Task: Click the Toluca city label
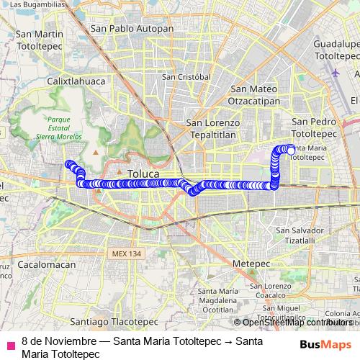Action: point(143,174)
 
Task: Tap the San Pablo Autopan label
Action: point(132,29)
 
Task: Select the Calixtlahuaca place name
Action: point(76,81)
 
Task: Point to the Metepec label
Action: point(251,264)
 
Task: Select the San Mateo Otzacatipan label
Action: point(254,95)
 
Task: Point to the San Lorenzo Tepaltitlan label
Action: point(212,128)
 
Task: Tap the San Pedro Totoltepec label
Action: point(315,128)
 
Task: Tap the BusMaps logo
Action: point(325,344)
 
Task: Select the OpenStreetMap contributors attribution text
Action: point(297,323)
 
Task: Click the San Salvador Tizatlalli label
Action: point(295,235)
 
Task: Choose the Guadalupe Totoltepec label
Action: point(336,49)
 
